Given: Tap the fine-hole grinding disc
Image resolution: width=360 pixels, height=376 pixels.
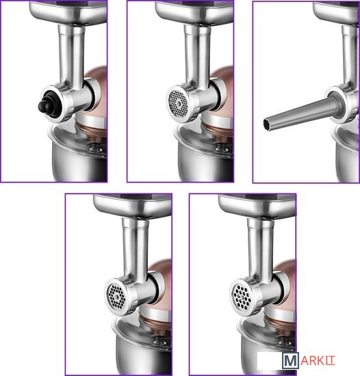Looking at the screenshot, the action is (x=178, y=103).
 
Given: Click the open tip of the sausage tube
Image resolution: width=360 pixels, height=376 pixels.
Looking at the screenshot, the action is (x=266, y=123).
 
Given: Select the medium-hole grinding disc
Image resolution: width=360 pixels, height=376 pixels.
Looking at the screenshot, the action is (x=116, y=296).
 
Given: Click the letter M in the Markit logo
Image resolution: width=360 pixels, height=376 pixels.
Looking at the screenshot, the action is (x=290, y=360).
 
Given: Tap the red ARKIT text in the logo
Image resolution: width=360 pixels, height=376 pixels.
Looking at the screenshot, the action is (x=318, y=361).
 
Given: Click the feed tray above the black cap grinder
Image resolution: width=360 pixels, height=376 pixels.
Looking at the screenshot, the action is (x=68, y=12).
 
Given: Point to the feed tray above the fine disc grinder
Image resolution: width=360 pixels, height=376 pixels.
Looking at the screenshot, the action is (x=194, y=12).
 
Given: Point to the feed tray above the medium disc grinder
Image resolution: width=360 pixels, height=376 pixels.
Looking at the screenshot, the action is (x=133, y=206).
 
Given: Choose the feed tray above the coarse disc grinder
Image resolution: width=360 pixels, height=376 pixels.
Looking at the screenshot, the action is (x=257, y=206).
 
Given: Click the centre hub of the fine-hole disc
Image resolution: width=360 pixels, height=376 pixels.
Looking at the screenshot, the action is (x=179, y=104).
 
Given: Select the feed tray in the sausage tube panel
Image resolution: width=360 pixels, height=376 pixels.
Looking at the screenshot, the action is (x=336, y=12).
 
